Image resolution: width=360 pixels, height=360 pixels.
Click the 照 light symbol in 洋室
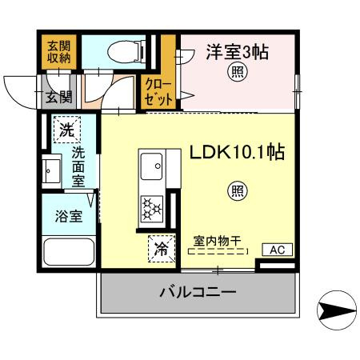238,71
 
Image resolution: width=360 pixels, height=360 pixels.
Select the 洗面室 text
79,166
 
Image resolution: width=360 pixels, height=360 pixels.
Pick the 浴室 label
66,217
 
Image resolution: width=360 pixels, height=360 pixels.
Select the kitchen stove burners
151,209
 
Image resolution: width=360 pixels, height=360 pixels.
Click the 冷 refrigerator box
161,249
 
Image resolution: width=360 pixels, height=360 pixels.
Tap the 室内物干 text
217,238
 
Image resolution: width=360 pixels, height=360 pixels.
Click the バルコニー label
195,293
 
